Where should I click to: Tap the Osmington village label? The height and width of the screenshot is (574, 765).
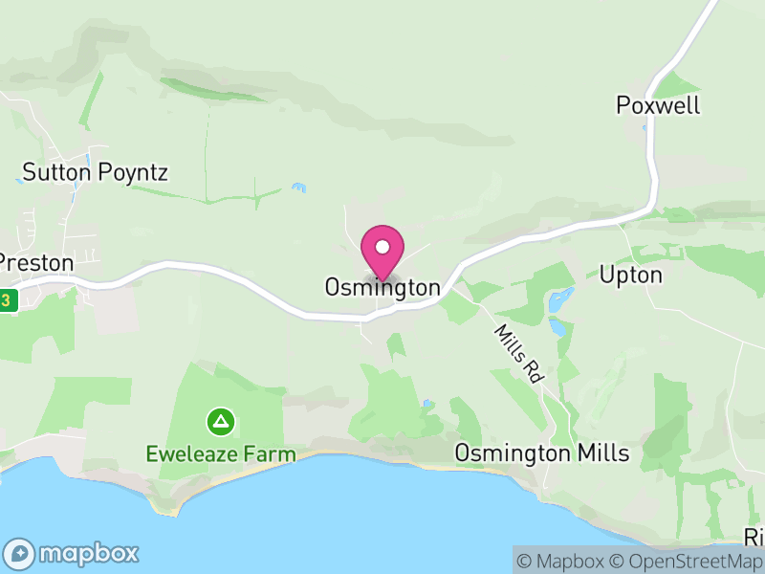(382, 288)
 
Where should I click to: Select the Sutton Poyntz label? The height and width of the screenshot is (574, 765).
(95, 173)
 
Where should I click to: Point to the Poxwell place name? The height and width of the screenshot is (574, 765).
(658, 105)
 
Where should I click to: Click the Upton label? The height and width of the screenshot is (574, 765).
(630, 276)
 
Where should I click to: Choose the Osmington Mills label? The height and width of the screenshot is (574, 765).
(541, 453)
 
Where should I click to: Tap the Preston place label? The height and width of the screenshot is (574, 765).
(35, 262)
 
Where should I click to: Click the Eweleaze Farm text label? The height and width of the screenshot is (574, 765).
(221, 453)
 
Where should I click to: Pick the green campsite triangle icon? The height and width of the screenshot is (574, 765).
(221, 421)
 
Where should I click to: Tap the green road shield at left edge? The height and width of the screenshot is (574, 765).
(8, 299)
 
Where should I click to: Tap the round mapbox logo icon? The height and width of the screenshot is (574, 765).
(20, 553)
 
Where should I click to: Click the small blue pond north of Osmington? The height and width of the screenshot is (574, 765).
(300, 187)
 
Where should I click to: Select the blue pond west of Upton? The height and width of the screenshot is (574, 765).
(557, 300)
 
